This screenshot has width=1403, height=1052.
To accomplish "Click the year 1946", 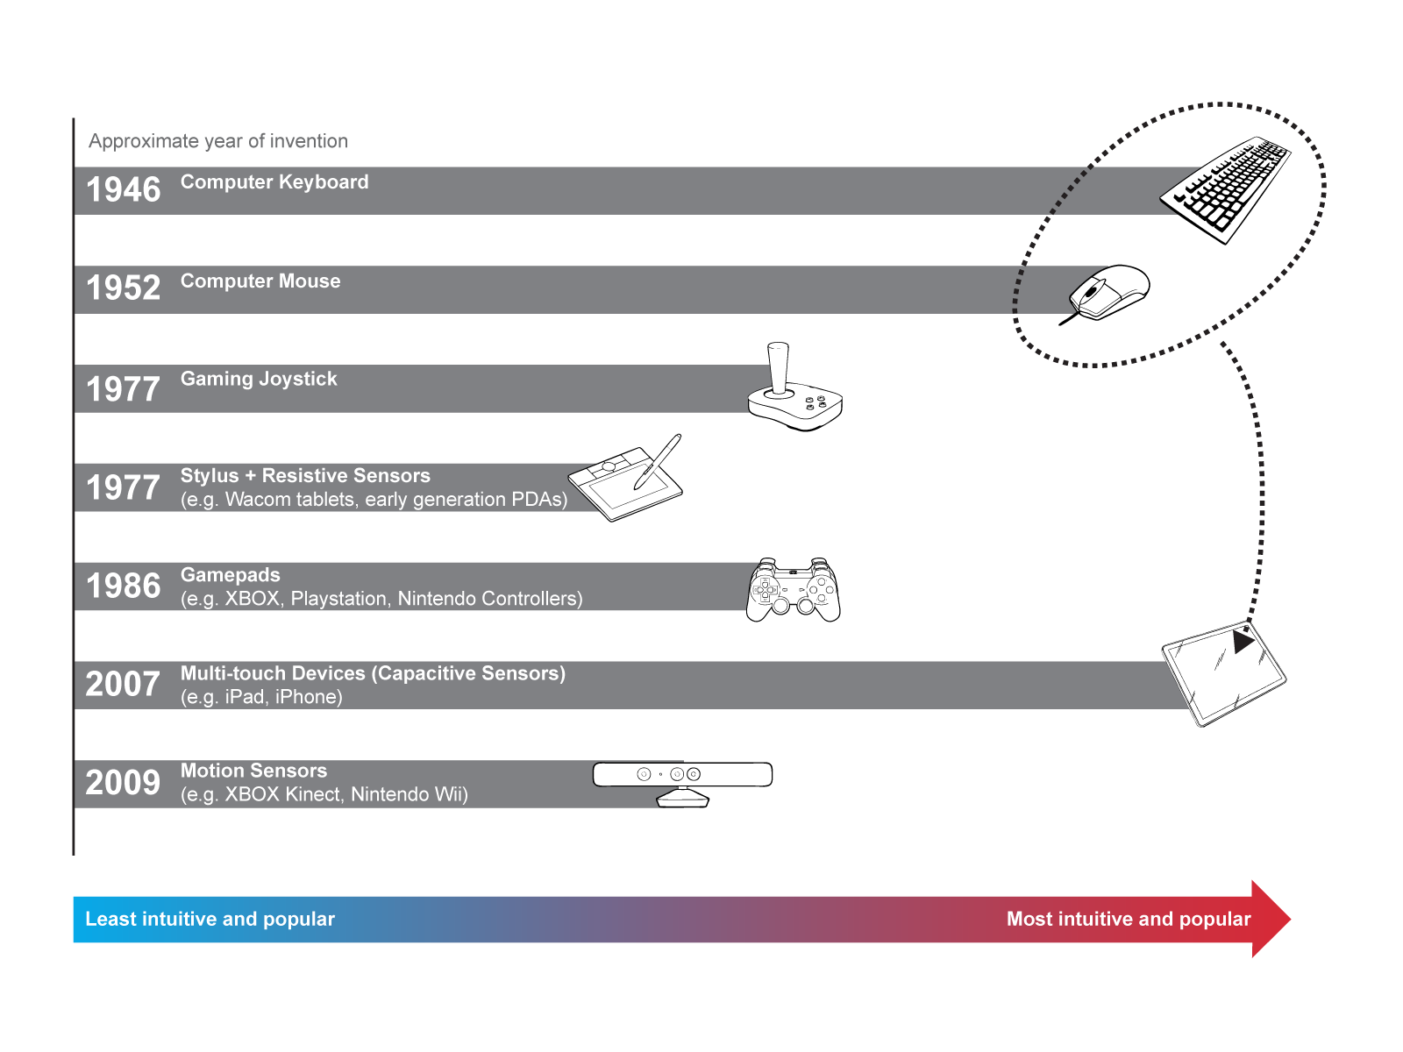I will [x=124, y=190].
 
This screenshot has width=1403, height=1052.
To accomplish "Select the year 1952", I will [x=124, y=288].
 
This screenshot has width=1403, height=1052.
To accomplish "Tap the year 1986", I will [x=124, y=586].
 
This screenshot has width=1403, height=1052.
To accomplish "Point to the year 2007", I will [x=124, y=685].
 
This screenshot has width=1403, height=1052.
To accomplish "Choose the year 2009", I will [x=124, y=783].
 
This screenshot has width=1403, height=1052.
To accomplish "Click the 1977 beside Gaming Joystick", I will [x=124, y=389].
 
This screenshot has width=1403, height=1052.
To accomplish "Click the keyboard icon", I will [x=1225, y=188].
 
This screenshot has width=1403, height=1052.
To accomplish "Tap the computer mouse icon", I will [x=1109, y=292].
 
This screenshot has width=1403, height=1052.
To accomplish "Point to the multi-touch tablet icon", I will [x=1223, y=673].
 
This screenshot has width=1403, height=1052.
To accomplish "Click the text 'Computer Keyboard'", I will [x=274, y=182].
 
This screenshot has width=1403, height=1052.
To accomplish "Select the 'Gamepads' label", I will [x=231, y=575].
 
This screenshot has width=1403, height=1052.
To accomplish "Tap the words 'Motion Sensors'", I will [x=253, y=771].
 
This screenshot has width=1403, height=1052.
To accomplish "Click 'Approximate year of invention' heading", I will [x=218, y=141].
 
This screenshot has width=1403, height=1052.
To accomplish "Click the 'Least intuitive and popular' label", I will [x=210, y=919].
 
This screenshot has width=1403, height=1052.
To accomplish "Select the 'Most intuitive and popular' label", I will [x=1129, y=919].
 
